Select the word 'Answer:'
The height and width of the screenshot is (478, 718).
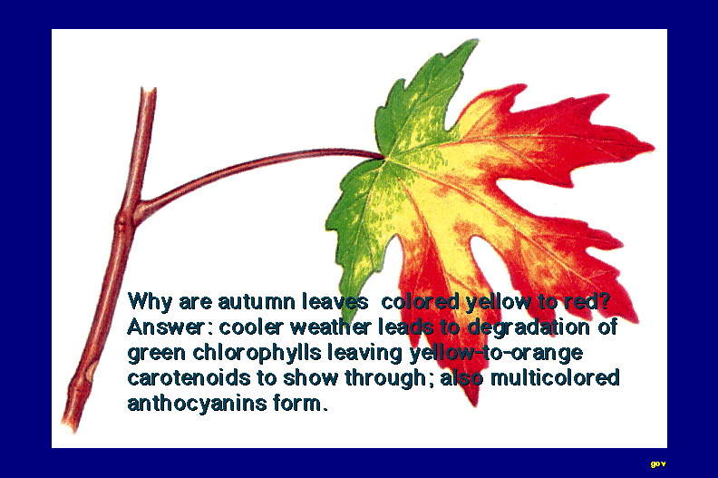[x=167, y=327]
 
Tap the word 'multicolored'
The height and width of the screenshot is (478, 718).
[x=555, y=378]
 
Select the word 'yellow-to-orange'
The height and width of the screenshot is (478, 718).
[x=496, y=354]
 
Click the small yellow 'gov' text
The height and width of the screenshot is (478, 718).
[x=658, y=463]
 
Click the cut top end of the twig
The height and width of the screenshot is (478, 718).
[x=149, y=90]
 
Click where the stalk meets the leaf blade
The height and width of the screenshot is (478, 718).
[x=383, y=157]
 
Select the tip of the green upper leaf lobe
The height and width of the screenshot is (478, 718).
[x=476, y=41]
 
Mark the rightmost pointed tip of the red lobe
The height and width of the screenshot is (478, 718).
[x=653, y=147]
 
